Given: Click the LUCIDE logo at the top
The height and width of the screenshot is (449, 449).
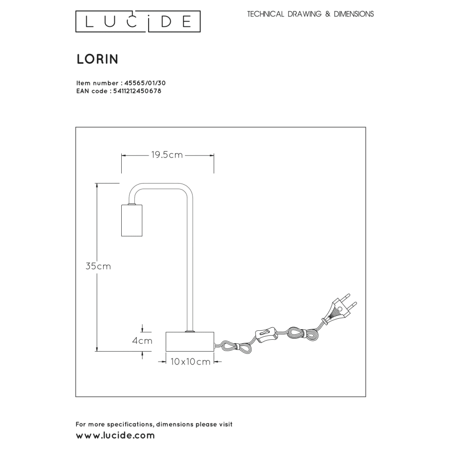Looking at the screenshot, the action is pyautogui.click(x=138, y=21).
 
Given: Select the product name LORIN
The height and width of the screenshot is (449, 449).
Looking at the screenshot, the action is pyautogui.click(x=97, y=59).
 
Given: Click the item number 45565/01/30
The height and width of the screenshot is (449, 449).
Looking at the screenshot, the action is pyautogui.click(x=145, y=83).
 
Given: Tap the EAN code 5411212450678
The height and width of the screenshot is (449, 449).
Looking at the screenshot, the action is pyautogui.click(x=137, y=91).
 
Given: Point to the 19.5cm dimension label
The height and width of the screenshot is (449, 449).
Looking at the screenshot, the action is pyautogui.click(x=167, y=155).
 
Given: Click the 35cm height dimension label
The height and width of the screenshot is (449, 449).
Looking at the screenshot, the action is pyautogui.click(x=98, y=266).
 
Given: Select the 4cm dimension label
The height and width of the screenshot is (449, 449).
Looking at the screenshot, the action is pyautogui.click(x=142, y=341).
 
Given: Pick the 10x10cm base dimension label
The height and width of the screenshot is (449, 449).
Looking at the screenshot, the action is pyautogui.click(x=191, y=362).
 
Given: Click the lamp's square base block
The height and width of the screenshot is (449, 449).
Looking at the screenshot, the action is pyautogui.click(x=190, y=342).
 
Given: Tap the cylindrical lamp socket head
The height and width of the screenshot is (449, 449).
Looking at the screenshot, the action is pyautogui.click(x=132, y=220).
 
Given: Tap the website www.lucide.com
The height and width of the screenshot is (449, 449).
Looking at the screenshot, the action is pyautogui.click(x=115, y=436).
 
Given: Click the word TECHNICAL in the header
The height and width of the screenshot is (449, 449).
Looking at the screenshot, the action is pyautogui.click(x=265, y=14).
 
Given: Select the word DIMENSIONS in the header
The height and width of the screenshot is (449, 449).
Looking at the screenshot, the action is pyautogui.click(x=354, y=14).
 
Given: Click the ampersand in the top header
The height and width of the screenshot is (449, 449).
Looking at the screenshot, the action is pyautogui.click(x=328, y=14).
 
